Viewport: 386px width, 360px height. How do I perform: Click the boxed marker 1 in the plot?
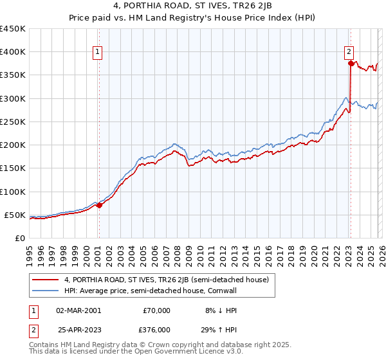pyautogui.click(x=98, y=53)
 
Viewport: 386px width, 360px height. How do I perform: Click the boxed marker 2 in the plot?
pyautogui.click(x=349, y=53)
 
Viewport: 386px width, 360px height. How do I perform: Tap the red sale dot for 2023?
pyautogui.click(x=351, y=63)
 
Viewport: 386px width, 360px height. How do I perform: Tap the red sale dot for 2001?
pyautogui.click(x=99, y=206)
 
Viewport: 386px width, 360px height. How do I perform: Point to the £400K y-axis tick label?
pyautogui.click(x=12, y=52)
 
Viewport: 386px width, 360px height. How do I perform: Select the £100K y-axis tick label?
pyautogui.click(x=12, y=192)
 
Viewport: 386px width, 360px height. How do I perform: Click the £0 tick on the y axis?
pyautogui.click(x=19, y=238)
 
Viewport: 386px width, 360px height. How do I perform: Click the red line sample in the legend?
pyautogui.click(x=46, y=280)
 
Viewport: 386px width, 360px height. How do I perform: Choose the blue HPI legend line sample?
pyautogui.click(x=46, y=291)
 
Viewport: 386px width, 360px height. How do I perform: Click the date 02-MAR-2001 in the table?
pyautogui.click(x=78, y=310)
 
